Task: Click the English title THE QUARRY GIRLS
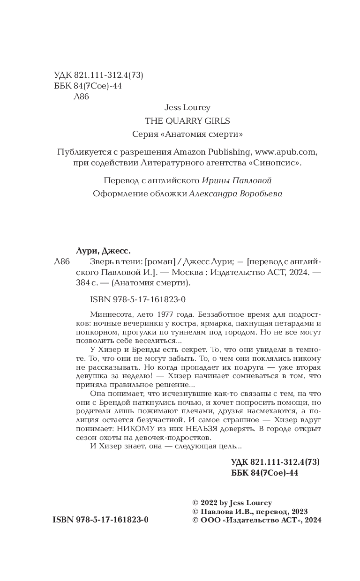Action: [x=187, y=121]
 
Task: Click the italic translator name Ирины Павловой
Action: [x=237, y=181]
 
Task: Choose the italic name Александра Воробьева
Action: [x=236, y=194]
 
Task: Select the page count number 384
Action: [x=83, y=283]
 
